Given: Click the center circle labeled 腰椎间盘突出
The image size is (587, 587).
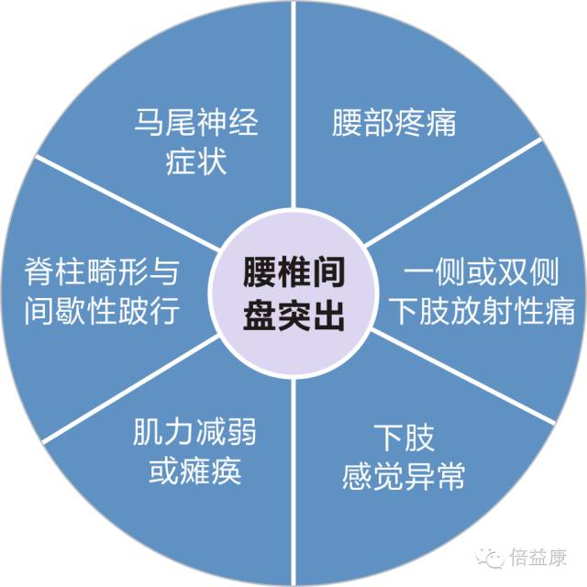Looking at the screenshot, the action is point(293,293).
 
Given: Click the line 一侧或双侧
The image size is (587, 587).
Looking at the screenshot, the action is point(482,272).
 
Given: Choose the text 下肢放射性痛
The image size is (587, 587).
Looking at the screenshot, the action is point(482,311).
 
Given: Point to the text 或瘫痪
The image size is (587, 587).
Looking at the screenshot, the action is point(194,472).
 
